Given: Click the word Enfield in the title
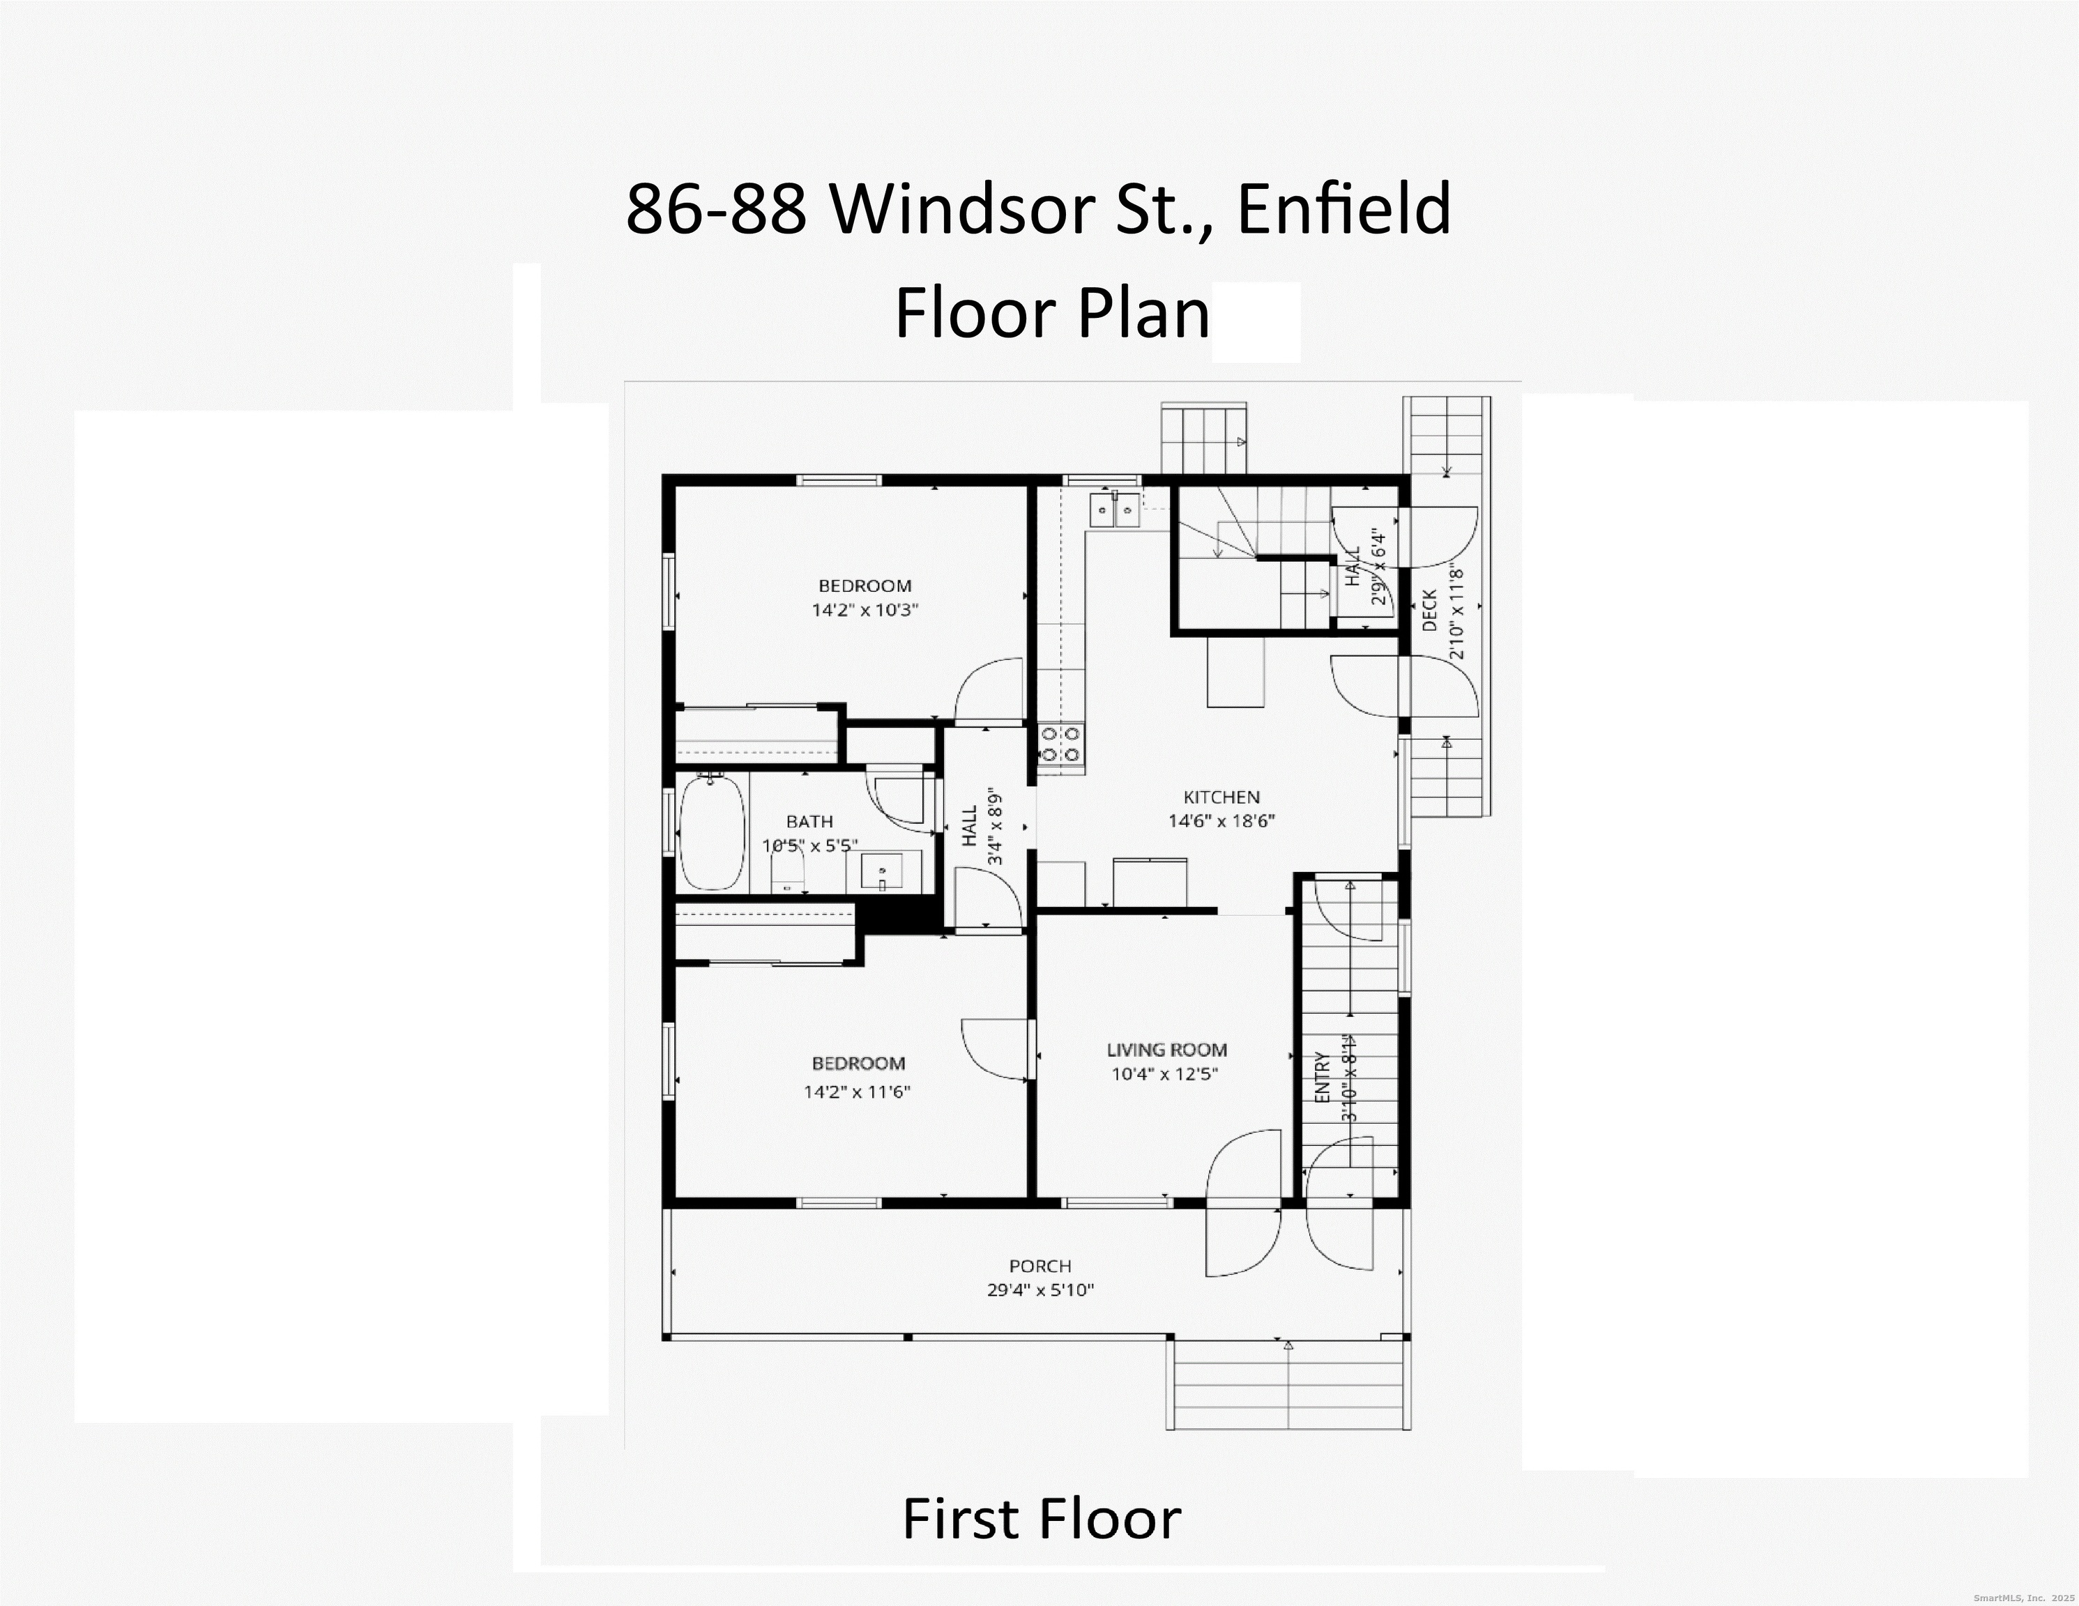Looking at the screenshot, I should pyautogui.click(x=1343, y=209).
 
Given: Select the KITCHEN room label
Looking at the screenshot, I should pyautogui.click(x=1221, y=797).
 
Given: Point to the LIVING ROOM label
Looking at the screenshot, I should pyautogui.click(x=1166, y=1050).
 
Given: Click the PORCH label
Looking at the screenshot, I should pyautogui.click(x=1040, y=1266).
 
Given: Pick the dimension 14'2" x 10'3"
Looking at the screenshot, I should pyautogui.click(x=865, y=610).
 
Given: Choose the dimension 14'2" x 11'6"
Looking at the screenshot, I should pyautogui.click(x=857, y=1092).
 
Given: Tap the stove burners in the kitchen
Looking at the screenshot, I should pyautogui.click(x=1060, y=744).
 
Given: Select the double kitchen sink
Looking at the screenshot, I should pyautogui.click(x=1115, y=510).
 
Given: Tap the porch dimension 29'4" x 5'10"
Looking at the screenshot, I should pyautogui.click(x=1040, y=1291).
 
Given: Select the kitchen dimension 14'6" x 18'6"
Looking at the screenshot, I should pyautogui.click(x=1221, y=820).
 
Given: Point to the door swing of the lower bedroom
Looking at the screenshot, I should pyautogui.click(x=995, y=1049).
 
